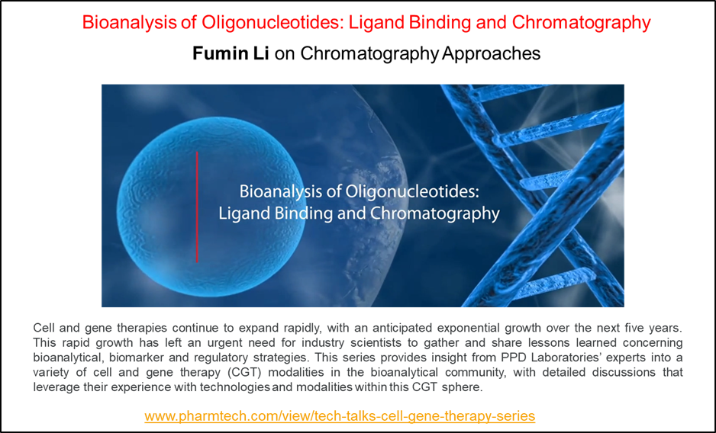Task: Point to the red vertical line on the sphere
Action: tap(197, 207)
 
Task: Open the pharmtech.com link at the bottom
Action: tap(340, 416)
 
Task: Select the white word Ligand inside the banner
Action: tap(243, 214)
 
